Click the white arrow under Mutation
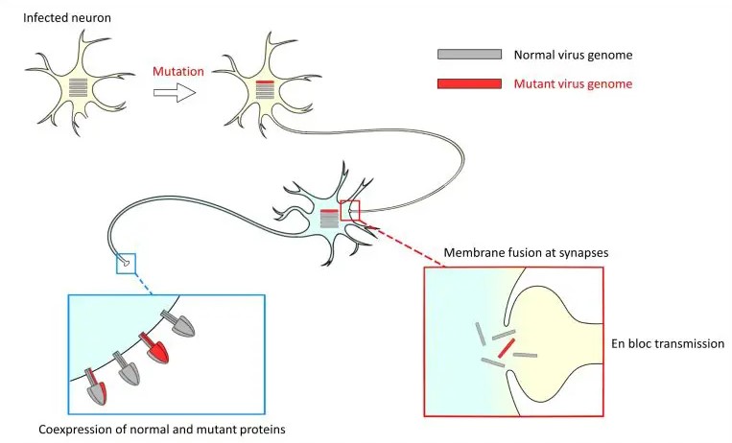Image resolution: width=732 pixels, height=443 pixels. click(x=175, y=92)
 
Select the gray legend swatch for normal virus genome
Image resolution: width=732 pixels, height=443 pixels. click(x=469, y=55)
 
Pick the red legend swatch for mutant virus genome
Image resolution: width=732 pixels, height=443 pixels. click(x=469, y=83)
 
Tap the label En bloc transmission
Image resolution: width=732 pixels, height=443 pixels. click(x=666, y=343)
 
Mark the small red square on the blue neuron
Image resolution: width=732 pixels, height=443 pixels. click(x=350, y=210)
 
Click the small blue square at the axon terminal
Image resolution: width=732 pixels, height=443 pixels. click(x=127, y=263)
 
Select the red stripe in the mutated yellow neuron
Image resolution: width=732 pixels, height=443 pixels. click(x=264, y=83)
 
